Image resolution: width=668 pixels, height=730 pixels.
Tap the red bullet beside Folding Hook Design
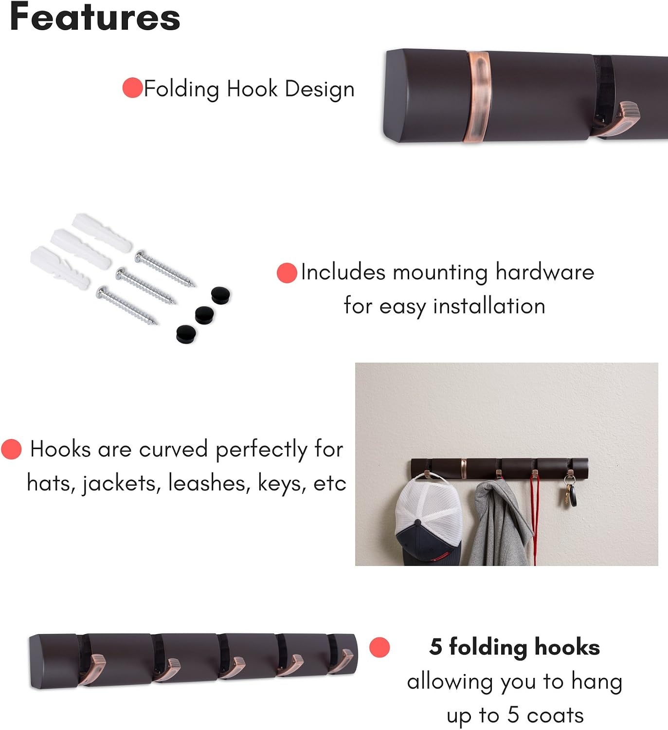point(132,88)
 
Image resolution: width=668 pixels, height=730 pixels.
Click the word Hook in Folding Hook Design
point(252,89)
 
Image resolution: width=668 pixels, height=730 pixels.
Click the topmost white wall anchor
point(102,232)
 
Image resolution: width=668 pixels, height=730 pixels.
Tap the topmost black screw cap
point(220,295)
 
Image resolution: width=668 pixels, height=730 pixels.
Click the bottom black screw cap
point(186,334)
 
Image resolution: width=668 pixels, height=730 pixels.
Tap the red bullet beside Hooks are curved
point(12,449)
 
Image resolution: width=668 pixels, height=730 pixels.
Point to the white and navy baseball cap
point(429,520)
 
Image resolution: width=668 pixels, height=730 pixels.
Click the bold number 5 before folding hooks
point(435,647)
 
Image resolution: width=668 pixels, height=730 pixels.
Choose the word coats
point(555,715)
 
